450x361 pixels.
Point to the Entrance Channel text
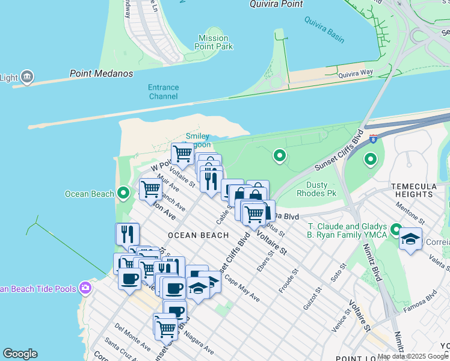[164, 91]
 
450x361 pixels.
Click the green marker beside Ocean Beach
[123, 193]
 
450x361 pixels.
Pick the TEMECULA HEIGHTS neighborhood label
[420, 190]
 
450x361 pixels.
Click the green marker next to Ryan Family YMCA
[396, 230]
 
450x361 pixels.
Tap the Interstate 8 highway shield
[373, 138]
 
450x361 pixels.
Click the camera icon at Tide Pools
[85, 288]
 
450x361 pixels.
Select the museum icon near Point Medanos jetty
[26, 77]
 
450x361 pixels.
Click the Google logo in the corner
[20, 354]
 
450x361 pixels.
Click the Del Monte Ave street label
[132, 337]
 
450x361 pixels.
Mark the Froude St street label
[288, 281]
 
